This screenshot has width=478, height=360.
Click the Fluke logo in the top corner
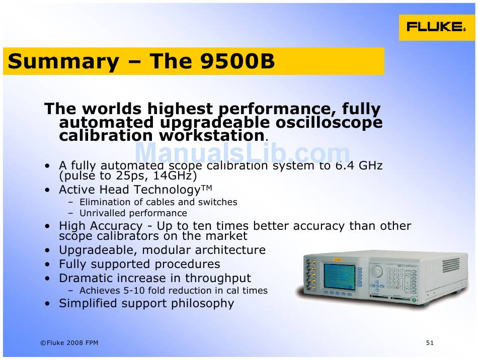tap(437, 27)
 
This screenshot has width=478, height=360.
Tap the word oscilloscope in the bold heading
tap(329, 123)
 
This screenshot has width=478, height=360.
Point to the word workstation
tap(211, 136)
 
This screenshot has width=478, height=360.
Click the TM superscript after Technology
tap(206, 188)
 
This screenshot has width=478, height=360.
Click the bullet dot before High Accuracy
tap(47, 226)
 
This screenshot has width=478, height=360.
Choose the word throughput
tap(218, 278)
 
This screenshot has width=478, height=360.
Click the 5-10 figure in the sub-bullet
tap(133, 291)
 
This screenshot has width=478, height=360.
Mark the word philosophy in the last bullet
tap(202, 303)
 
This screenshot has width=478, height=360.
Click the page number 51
tap(430, 342)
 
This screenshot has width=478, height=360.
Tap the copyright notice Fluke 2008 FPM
tap(69, 342)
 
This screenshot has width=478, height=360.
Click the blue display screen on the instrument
tap(340, 277)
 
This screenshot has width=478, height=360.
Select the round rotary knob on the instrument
tap(377, 271)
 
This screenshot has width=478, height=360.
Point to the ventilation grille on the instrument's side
tap(451, 265)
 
